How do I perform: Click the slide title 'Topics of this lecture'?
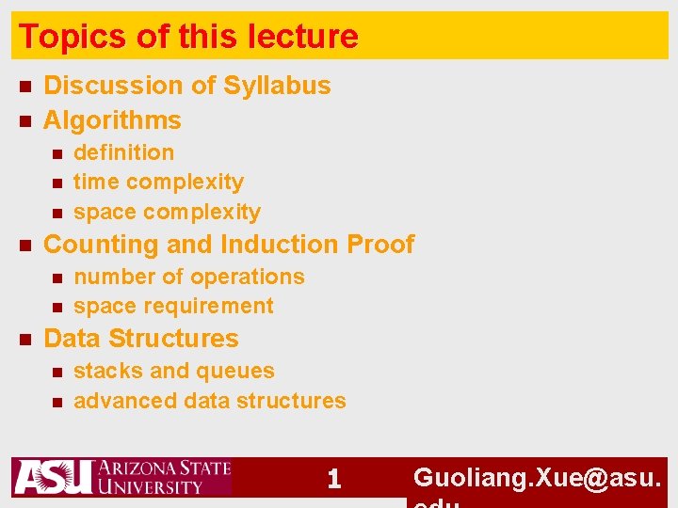188,37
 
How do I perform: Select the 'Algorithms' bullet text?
112,120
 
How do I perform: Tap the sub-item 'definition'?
123,152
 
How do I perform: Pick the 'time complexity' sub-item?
158,182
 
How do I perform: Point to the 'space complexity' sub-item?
167,212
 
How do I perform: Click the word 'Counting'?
101,245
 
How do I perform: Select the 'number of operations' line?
188,277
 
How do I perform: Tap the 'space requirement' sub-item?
173,306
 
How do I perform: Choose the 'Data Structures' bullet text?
141,339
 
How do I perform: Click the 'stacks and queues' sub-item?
173,371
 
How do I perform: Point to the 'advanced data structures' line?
209,401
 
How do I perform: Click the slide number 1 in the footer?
333,480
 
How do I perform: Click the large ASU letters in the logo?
53,477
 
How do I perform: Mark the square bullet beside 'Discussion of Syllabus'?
25,87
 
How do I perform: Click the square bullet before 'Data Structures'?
25,339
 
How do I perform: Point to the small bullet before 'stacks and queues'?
56,372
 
